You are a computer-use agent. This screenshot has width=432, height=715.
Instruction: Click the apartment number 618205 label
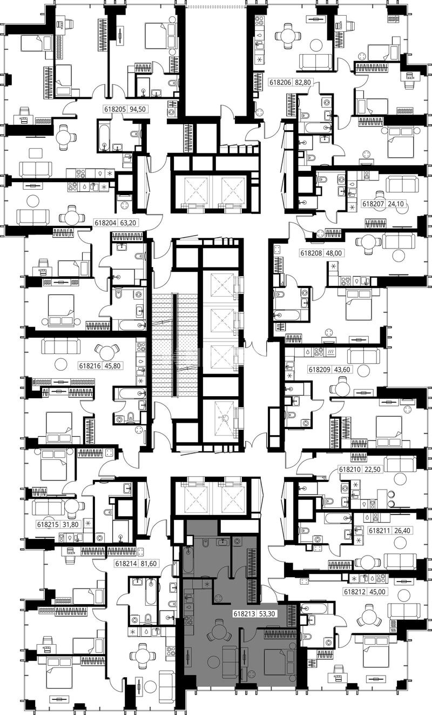[115, 109]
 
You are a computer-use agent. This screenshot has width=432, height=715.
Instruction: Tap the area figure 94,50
[137, 109]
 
